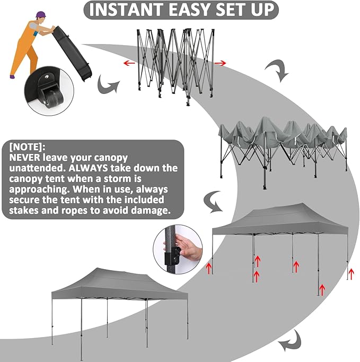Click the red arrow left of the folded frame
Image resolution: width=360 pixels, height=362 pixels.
click(128, 63)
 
